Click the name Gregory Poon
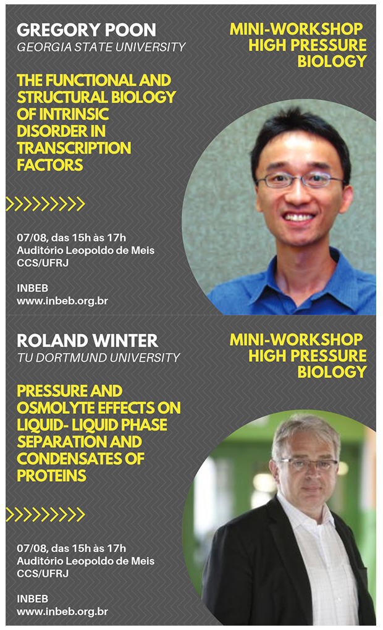tap(86, 30)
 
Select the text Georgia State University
tap(101, 48)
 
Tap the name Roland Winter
tap(87, 341)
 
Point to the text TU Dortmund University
tap(98, 358)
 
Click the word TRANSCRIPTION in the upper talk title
tap(74, 148)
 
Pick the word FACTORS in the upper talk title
tap(50, 165)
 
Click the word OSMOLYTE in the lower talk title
tap(56, 408)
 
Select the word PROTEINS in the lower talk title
tap(51, 476)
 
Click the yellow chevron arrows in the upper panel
tap(46, 204)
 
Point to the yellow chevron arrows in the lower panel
tap(46, 514)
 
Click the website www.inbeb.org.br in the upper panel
tap(62, 301)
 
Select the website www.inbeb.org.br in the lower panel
tap(62, 611)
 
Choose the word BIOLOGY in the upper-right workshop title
tap(332, 61)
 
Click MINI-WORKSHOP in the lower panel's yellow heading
tap(296, 340)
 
